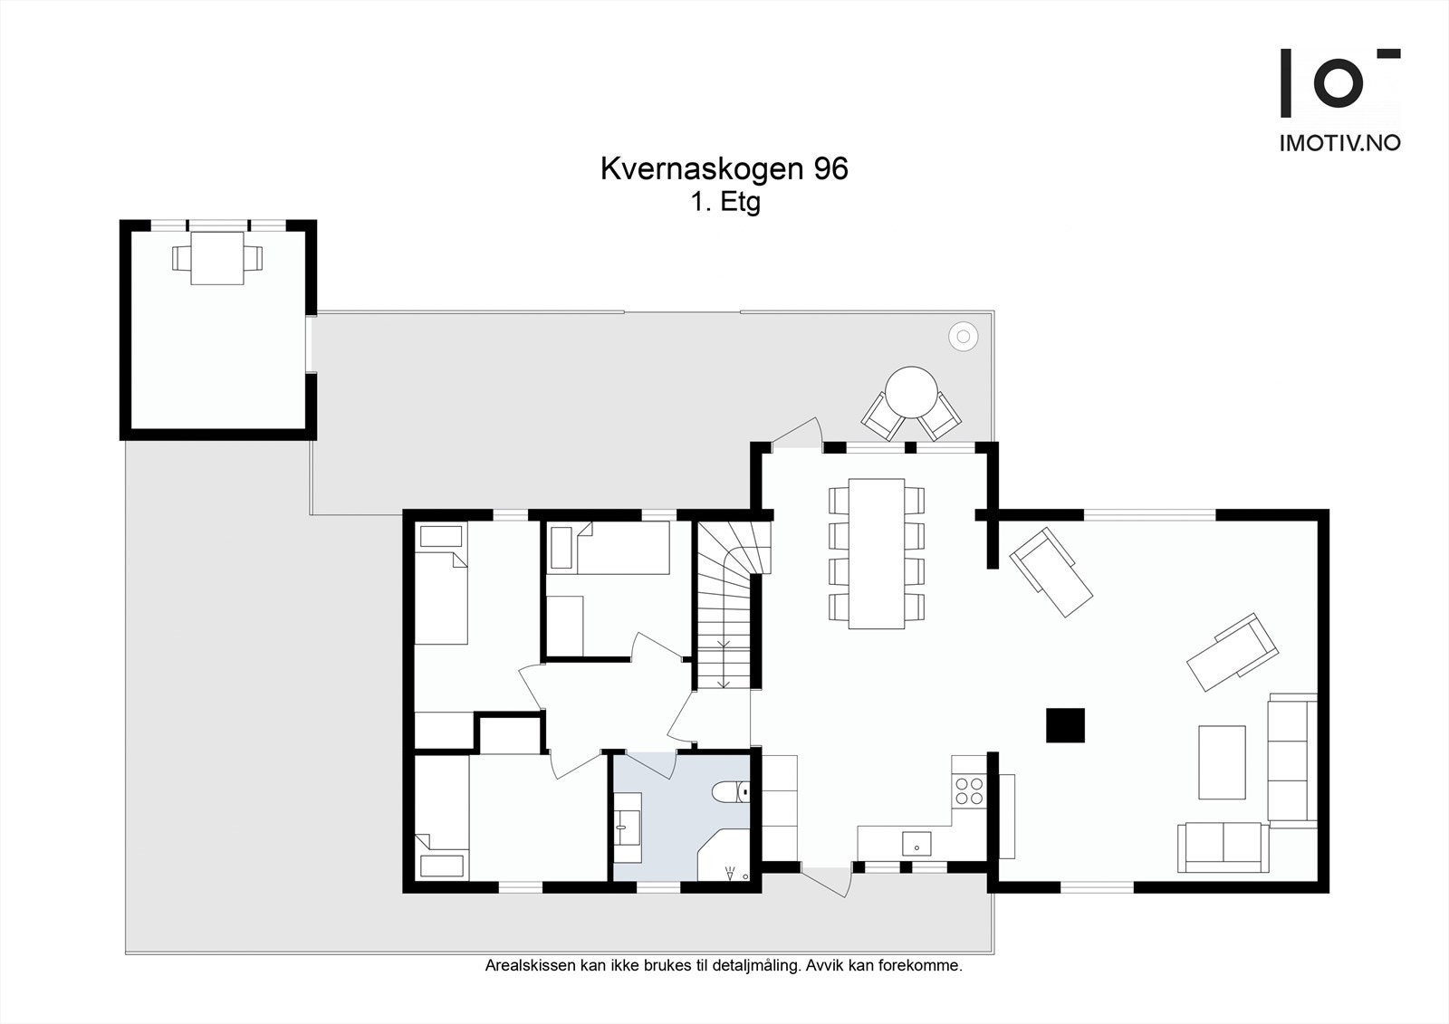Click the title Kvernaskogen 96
(x=724, y=169)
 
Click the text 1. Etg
(x=724, y=202)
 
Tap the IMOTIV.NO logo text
(x=1339, y=142)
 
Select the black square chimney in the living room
(x=1065, y=724)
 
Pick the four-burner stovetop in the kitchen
(x=968, y=790)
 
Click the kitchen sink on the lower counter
(x=916, y=842)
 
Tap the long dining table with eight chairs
(x=876, y=553)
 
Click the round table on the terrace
(x=911, y=391)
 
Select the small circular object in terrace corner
(x=963, y=337)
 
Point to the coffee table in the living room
(x=1222, y=761)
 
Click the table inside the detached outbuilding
(x=217, y=258)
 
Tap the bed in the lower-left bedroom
(x=441, y=819)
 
